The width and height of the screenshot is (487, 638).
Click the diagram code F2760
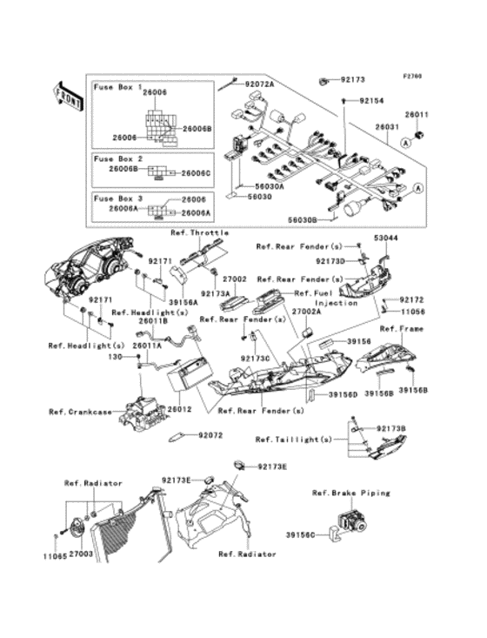411,76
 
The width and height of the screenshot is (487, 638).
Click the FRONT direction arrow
68,96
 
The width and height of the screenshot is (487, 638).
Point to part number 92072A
258,84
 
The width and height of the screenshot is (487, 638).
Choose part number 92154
372,101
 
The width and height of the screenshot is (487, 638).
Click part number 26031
386,126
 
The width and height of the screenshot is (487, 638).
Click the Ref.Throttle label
200,233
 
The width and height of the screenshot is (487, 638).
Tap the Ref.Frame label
401,329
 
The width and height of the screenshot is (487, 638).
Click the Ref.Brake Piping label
350,493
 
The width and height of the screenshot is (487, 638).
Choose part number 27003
82,554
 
